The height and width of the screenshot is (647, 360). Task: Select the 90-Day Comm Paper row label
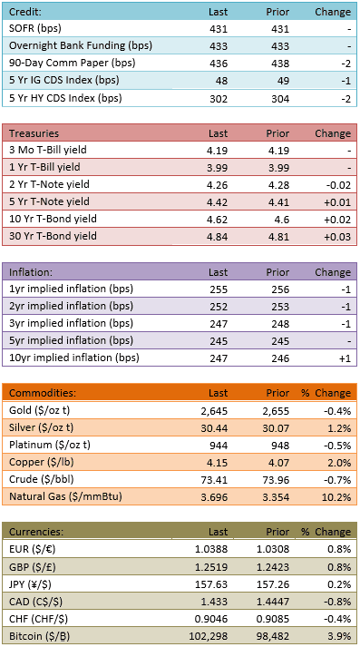tap(73, 64)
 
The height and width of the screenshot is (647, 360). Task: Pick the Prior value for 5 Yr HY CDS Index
tap(280, 99)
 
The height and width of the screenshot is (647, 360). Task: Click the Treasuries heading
tap(34, 133)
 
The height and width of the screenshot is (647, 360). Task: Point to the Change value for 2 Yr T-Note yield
tap(339, 185)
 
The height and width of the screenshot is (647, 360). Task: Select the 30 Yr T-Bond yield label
tap(53, 236)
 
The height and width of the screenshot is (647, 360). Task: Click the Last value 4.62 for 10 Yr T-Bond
tap(218, 220)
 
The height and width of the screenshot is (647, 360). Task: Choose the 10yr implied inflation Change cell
tap(345, 358)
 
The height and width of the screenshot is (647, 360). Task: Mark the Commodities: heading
tap(43, 393)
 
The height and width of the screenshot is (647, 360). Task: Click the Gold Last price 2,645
tap(216, 411)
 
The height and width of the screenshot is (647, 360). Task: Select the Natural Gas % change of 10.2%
tap(339, 497)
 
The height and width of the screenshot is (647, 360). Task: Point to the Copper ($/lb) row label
tap(38, 463)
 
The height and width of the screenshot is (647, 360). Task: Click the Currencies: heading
tap(36, 532)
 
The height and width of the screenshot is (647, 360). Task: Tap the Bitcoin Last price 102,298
tap(209, 637)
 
